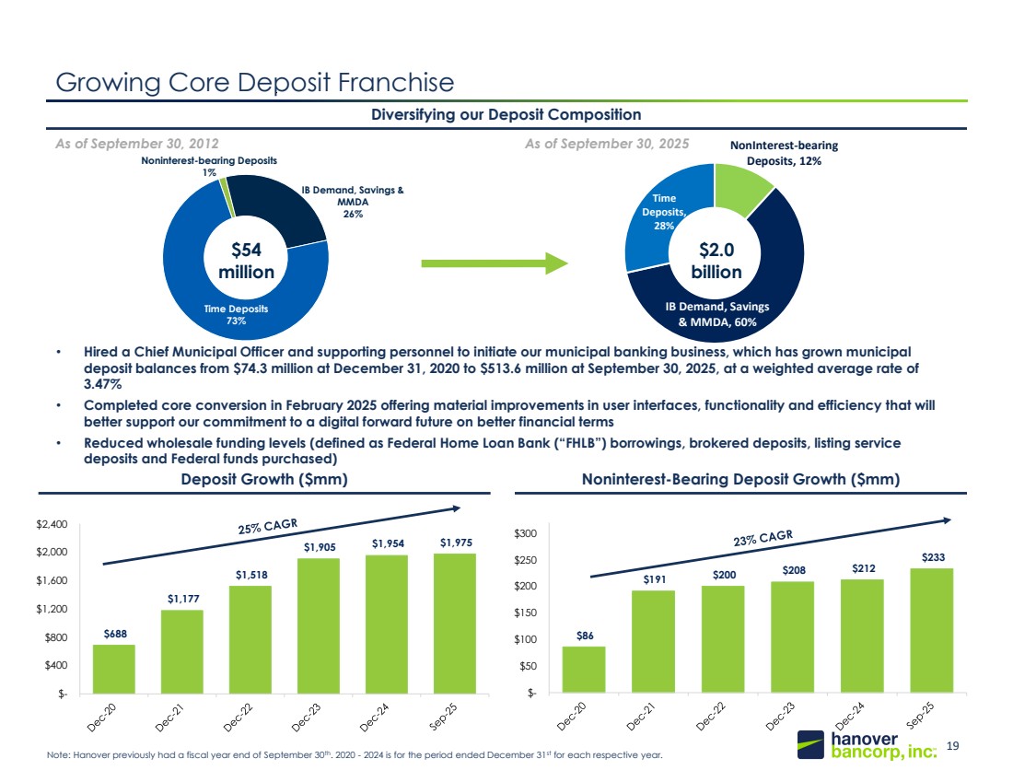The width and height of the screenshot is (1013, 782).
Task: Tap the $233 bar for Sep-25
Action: pyautogui.click(x=931, y=630)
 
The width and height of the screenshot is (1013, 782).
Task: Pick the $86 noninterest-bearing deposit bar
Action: pyautogui.click(x=584, y=670)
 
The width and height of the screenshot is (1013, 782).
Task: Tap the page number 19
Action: pyautogui.click(x=953, y=747)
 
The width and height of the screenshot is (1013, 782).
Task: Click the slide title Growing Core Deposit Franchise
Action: pyautogui.click(x=255, y=83)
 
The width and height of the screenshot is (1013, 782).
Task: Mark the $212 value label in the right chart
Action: pyautogui.click(x=862, y=567)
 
